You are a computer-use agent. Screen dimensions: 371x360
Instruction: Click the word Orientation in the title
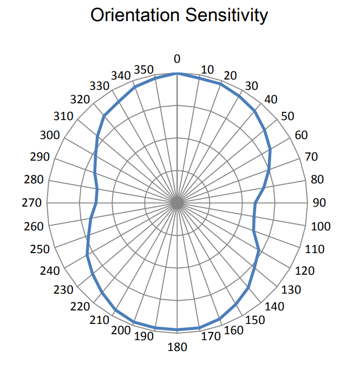(134, 15)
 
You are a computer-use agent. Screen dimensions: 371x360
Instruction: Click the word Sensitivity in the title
(224, 15)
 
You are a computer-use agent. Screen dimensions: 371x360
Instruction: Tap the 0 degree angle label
(177, 58)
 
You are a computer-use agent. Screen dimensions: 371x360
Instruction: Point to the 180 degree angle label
(178, 347)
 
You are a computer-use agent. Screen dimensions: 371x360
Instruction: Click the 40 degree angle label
(270, 100)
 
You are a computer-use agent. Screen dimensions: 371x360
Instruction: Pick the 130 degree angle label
(291, 289)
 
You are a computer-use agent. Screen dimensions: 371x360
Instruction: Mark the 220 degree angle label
(80, 307)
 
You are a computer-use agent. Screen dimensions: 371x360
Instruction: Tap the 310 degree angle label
(64, 116)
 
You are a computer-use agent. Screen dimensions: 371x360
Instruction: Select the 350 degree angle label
(145, 70)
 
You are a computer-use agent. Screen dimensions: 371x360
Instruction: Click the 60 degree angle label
(301, 135)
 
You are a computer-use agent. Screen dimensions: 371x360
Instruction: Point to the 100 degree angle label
(320, 226)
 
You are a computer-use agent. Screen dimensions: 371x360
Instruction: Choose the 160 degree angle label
(233, 330)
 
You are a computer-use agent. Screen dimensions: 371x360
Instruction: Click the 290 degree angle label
(40, 157)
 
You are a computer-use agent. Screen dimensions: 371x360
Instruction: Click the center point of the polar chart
(177, 203)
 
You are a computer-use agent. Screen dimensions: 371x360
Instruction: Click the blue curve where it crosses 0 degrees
(177, 74)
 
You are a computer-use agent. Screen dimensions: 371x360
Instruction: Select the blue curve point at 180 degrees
(177, 329)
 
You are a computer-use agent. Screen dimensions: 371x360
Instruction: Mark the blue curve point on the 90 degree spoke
(254, 203)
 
